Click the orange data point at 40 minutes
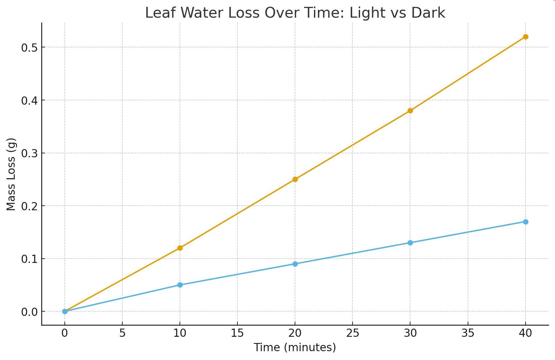[x=526, y=37]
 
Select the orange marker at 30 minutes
[x=410, y=111]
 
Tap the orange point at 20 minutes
[x=295, y=180]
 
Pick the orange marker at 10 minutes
[x=180, y=248]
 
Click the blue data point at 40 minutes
[x=526, y=222]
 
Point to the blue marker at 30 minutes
[x=410, y=243]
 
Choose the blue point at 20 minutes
[x=295, y=264]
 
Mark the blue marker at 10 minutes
[x=180, y=285]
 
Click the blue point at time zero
[x=65, y=311]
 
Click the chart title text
[x=295, y=13]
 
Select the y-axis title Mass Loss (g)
[x=11, y=174]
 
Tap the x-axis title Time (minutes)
[x=295, y=347]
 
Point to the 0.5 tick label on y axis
[x=29, y=47]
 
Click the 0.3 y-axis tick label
[x=29, y=153]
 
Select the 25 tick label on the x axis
[x=353, y=334]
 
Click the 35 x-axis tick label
[x=468, y=334]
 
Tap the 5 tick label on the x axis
[x=122, y=334]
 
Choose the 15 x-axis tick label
[x=237, y=334]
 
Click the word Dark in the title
[x=428, y=13]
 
